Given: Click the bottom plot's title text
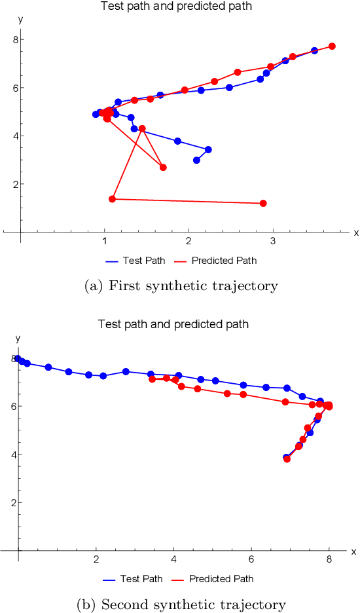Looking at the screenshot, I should tap(173, 324).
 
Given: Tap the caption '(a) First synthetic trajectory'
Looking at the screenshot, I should tap(181, 286).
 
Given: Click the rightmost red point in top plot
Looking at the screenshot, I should tap(332, 46).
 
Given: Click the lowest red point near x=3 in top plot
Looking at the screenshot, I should tap(263, 203).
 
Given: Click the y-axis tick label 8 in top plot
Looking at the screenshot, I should tap(12, 39).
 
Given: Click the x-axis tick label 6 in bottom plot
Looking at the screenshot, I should tap(251, 561).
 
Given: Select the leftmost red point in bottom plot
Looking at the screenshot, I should tap(152, 379).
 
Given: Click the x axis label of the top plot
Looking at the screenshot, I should tap(356, 232).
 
